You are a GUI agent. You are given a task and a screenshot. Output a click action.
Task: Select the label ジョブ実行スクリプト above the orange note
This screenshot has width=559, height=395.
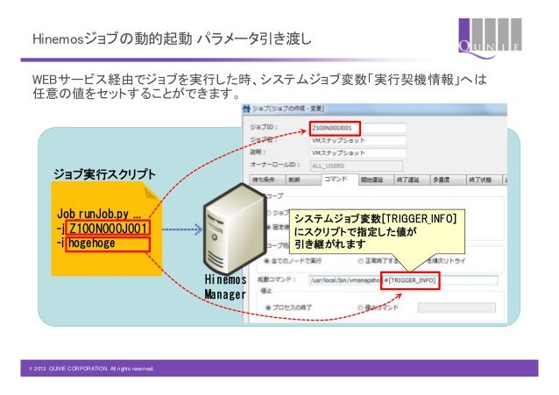(x=104, y=173)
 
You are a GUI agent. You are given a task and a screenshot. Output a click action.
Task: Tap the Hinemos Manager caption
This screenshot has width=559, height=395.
(x=226, y=287)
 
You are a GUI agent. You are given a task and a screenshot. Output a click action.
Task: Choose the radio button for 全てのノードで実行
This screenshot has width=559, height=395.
(x=265, y=259)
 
